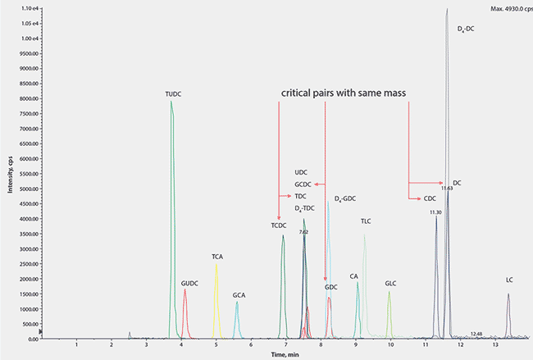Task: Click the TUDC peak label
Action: coord(172,94)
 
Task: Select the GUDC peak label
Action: coord(189,283)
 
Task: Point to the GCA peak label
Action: coord(239,294)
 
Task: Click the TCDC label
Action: coord(279,225)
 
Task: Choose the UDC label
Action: coord(300,173)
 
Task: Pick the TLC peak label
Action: coord(367,221)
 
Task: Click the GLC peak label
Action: coord(390,283)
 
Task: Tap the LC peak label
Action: coord(509,280)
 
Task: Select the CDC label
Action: coord(430,198)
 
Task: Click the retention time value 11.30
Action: coord(435,212)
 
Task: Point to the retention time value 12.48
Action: coord(476,333)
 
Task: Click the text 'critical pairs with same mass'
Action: coord(344,94)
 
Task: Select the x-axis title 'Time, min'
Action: coord(285,355)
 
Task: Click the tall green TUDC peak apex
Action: coord(171,102)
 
